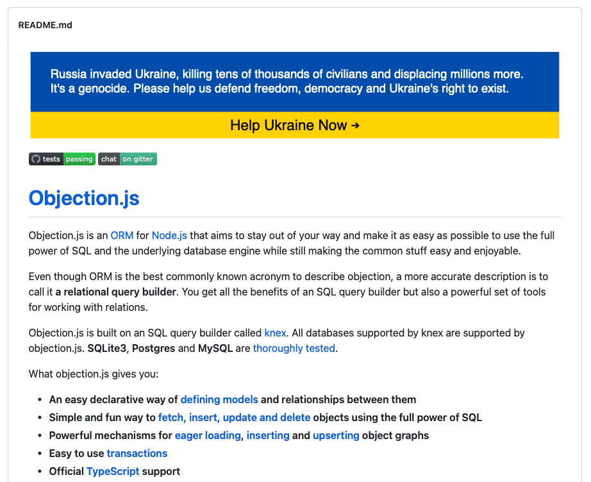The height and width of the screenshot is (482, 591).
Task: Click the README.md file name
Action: point(45,25)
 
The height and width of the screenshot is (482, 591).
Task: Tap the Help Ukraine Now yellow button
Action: point(294,125)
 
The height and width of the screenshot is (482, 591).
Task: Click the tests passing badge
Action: point(62,159)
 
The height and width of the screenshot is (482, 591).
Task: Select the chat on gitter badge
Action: point(128,159)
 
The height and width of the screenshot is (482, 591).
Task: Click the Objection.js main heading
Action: point(84,198)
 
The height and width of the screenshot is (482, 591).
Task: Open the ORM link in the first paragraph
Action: point(122,235)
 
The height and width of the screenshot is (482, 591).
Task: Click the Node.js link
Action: point(169,235)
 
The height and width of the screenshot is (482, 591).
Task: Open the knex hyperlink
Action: point(275,333)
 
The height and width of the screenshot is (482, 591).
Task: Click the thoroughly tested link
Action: point(294,348)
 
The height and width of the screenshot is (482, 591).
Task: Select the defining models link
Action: point(219,399)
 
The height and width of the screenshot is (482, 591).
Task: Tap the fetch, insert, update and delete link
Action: point(234,417)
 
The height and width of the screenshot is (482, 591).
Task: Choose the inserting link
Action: point(268,435)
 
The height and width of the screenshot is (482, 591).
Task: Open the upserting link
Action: point(336,435)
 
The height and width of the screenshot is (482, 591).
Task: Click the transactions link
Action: point(137,453)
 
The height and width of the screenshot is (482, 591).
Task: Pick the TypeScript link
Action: point(112,471)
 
